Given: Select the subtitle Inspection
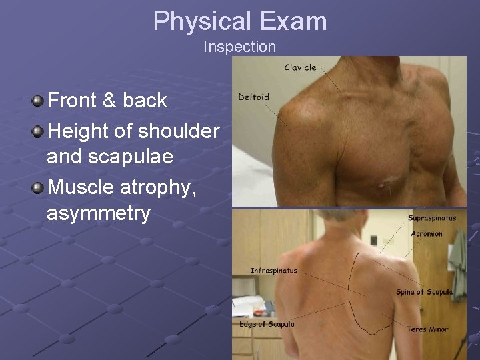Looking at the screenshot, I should click(239, 47).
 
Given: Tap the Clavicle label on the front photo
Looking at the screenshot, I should click(300, 67).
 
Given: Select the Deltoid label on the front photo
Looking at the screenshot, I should click(253, 97).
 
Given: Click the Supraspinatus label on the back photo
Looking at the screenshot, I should click(433, 218).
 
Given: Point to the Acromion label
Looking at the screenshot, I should click(427, 234).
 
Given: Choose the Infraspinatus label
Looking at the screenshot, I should click(273, 271).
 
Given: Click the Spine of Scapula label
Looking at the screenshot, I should click(424, 292).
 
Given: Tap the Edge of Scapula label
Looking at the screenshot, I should click(267, 324).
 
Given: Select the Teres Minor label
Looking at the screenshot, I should click(428, 329).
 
